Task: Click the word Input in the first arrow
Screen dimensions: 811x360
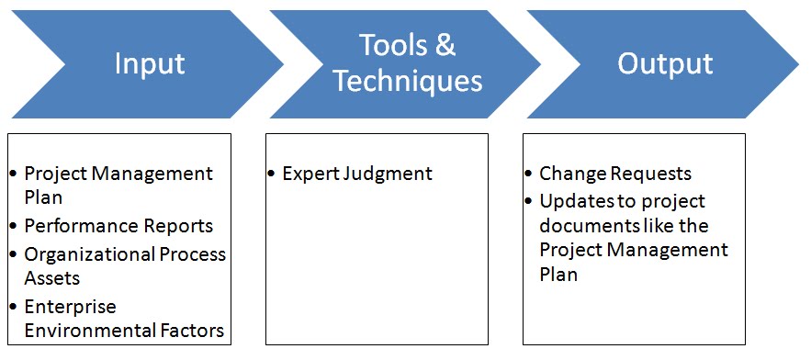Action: (150, 63)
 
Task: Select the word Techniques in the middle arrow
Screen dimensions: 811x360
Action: (407, 81)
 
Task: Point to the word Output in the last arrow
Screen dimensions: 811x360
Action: (665, 63)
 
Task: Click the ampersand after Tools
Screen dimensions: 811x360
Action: (445, 45)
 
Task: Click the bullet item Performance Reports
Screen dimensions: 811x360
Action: (118, 226)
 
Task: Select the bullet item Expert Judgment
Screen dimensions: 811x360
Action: (357, 174)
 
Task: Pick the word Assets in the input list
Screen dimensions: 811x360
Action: (52, 278)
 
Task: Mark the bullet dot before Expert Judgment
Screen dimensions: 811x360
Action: (273, 174)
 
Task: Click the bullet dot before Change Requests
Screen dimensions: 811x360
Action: (530, 174)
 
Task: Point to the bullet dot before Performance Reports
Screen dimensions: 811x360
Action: (15, 227)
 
